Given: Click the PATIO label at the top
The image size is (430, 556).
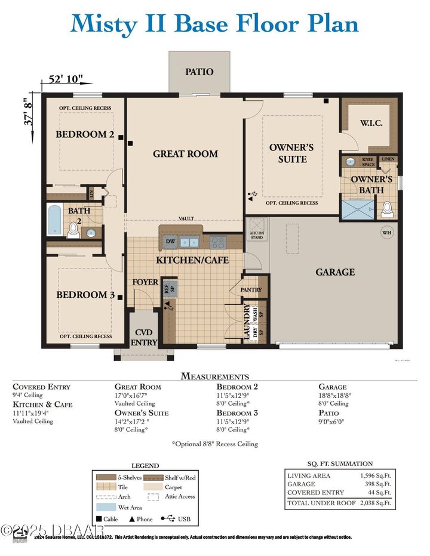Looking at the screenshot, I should (x=199, y=72).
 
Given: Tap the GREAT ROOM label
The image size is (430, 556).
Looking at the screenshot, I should (x=185, y=154).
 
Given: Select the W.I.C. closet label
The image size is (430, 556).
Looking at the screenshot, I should (x=371, y=123).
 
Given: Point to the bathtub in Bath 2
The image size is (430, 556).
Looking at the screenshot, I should (x=54, y=221).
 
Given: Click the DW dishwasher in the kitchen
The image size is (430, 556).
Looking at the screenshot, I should (x=170, y=242).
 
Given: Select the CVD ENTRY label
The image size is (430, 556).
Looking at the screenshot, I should (x=145, y=337).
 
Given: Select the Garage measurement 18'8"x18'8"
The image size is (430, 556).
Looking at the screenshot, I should (x=334, y=396).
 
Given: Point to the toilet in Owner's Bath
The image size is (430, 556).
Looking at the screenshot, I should (x=387, y=208).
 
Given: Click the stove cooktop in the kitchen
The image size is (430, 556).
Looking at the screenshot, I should (x=218, y=242).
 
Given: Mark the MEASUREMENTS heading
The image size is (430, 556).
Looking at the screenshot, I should (x=214, y=376).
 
